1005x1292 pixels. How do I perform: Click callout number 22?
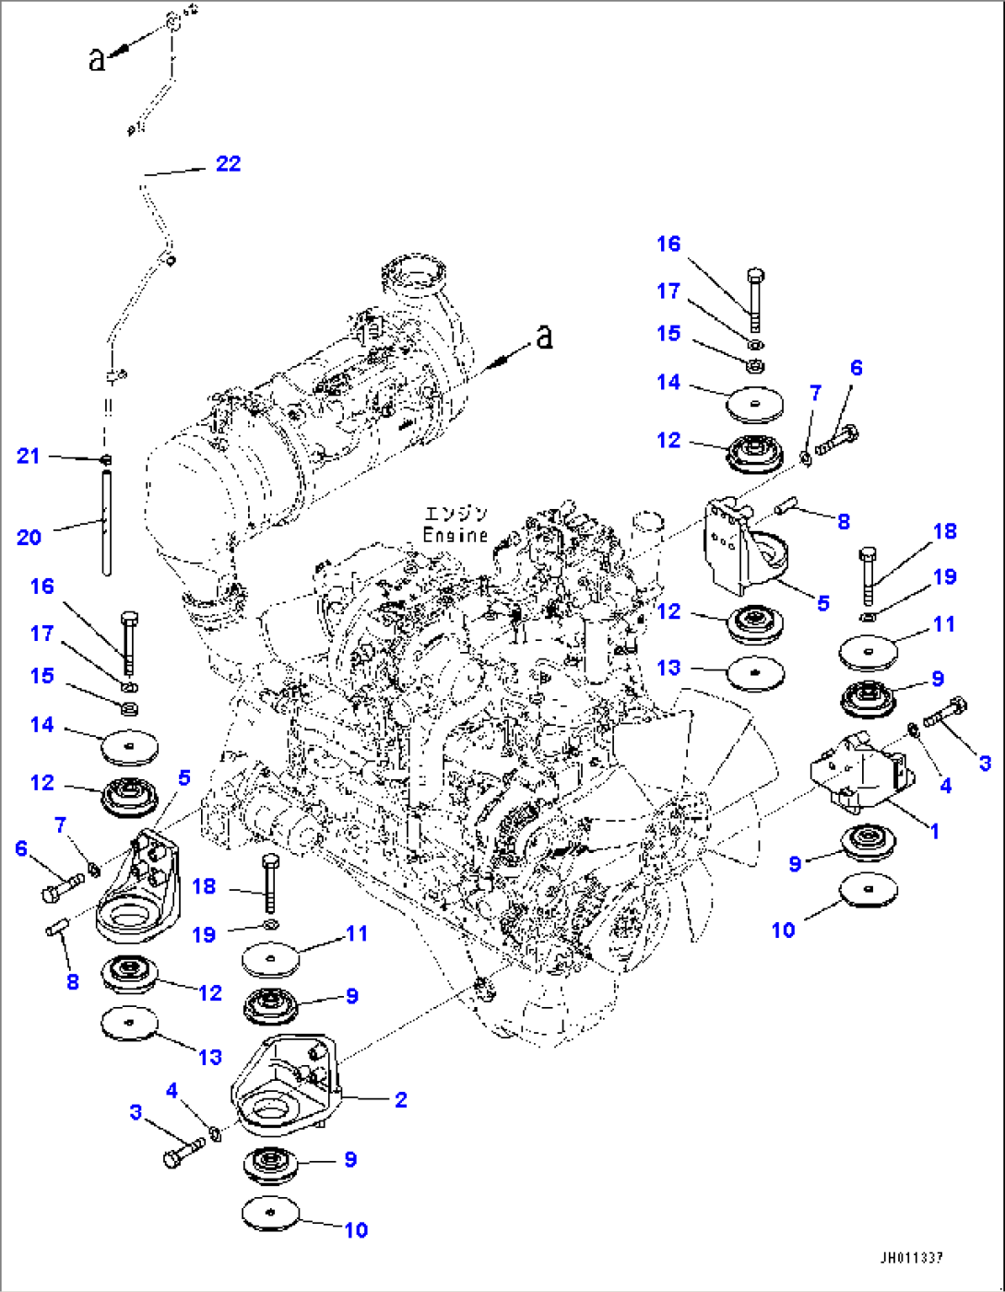[228, 164]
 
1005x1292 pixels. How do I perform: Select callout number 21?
[29, 456]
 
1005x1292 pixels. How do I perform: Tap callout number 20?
[29, 537]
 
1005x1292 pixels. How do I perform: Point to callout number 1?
[934, 831]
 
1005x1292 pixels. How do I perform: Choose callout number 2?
[401, 1099]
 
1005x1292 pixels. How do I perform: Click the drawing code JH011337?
[911, 1258]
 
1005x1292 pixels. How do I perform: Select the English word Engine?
[455, 535]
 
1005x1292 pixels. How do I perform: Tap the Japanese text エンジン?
[455, 515]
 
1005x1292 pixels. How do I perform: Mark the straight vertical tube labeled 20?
[107, 522]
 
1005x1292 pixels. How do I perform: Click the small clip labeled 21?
[107, 458]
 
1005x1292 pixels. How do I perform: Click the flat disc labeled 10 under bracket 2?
[272, 1213]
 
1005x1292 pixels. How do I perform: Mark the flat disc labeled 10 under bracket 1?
[869, 890]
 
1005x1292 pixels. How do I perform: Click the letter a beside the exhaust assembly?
[545, 337]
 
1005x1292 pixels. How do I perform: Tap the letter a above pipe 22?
[97, 60]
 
